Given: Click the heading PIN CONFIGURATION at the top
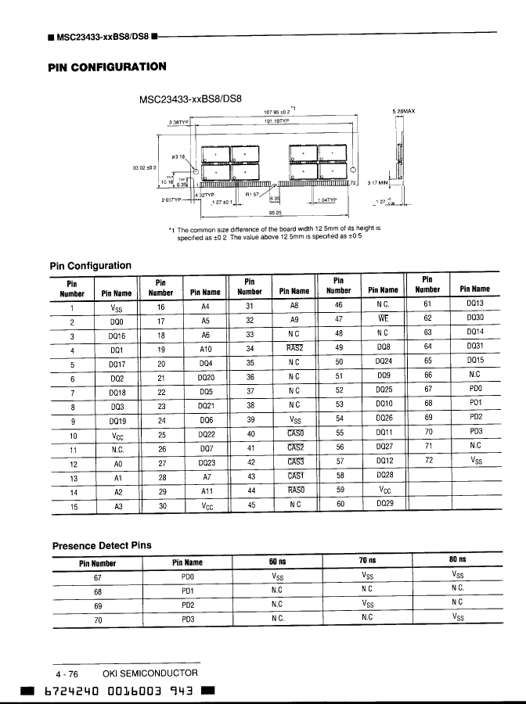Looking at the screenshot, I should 106,66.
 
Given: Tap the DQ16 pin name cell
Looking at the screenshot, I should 117,336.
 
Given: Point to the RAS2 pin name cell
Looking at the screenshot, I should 294,349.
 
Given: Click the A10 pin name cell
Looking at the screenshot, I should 206,350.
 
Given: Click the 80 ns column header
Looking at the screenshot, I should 458,560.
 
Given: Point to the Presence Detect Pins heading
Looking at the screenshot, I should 102,545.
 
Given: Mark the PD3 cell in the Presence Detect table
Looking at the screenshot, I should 187,620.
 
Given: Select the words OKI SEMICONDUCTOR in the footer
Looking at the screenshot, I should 150,673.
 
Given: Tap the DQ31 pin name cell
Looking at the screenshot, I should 474,348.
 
